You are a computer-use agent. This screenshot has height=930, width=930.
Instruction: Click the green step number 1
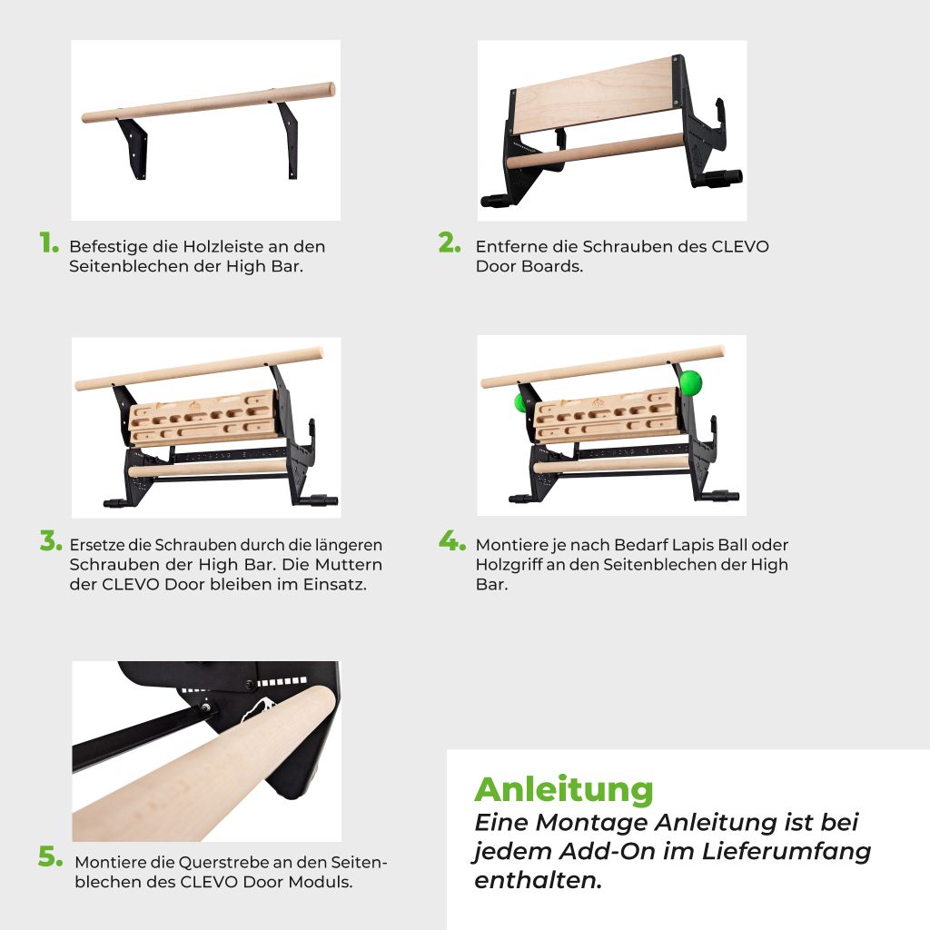click(x=49, y=242)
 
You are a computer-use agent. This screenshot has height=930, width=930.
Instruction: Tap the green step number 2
click(x=450, y=242)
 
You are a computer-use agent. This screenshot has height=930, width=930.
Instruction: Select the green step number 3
click(x=51, y=541)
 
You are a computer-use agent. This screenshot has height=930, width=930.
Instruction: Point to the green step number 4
click(x=452, y=541)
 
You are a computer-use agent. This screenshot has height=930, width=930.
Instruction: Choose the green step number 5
click(x=51, y=857)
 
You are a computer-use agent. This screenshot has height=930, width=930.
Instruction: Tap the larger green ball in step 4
click(x=690, y=382)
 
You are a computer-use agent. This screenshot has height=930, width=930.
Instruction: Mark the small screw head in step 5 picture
click(x=205, y=707)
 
